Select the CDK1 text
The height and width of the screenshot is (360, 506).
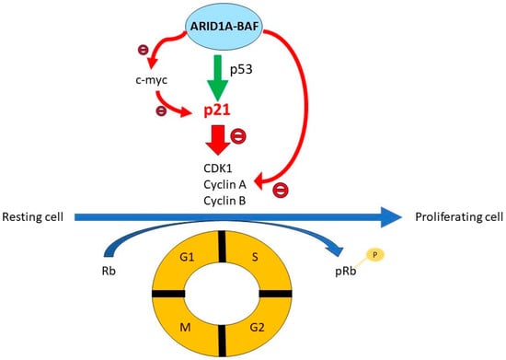tap(220, 168)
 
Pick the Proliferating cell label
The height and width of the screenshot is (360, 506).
tap(458, 217)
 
